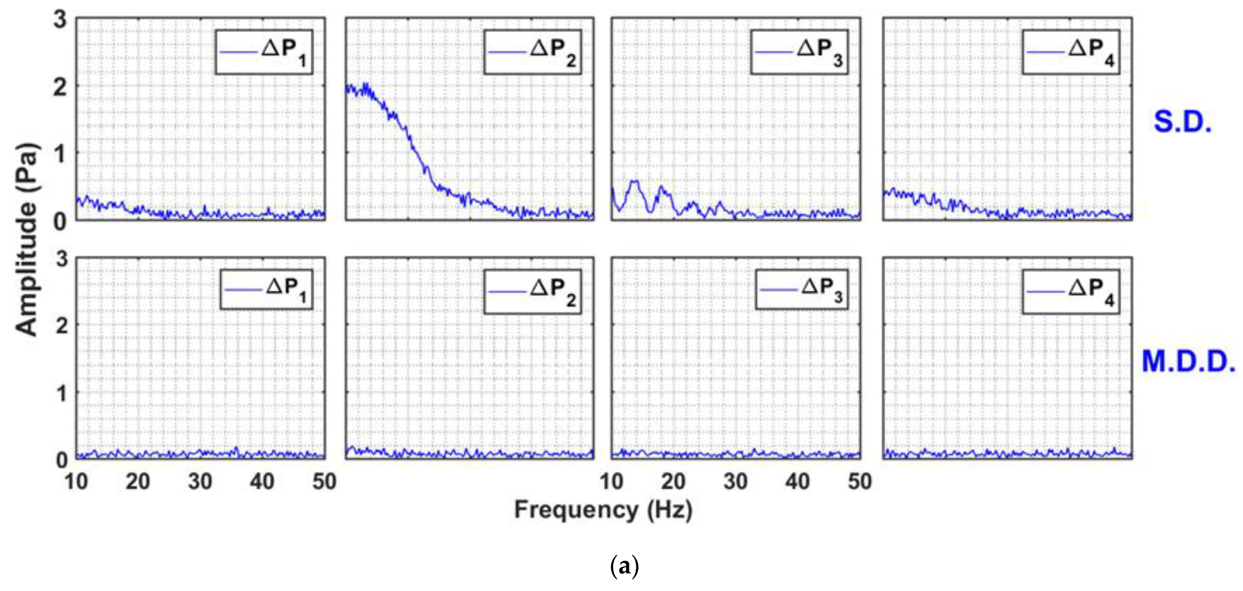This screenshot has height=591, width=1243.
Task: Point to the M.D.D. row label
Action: click(x=1188, y=362)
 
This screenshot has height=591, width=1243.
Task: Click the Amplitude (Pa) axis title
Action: click(x=26, y=239)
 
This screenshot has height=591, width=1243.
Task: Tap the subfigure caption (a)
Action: click(x=624, y=566)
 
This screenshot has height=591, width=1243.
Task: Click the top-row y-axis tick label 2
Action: click(x=60, y=87)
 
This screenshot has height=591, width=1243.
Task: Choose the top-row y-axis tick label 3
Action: click(x=60, y=20)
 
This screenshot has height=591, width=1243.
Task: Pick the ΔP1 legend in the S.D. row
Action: click(x=264, y=52)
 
